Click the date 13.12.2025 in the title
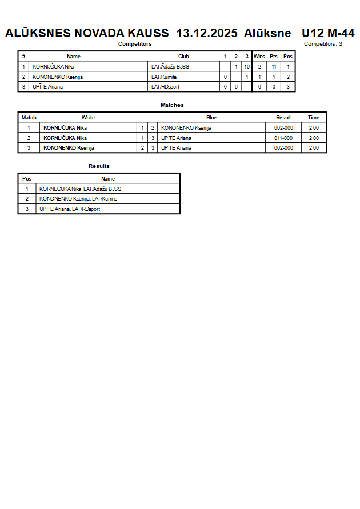coord(207,33)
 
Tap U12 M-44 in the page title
coord(328,33)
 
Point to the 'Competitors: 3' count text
coord(323,44)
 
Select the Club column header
coord(183,57)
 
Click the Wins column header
coord(259,57)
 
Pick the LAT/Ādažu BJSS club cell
coord(170,67)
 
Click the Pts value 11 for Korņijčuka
coord(274,67)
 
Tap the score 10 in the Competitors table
coord(246,67)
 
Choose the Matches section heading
coord(172,105)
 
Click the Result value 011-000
coord(283,138)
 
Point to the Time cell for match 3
coord(314,148)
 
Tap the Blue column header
coord(211,118)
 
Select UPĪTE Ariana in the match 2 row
coord(177,138)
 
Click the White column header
coord(88,118)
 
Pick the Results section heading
coord(99,166)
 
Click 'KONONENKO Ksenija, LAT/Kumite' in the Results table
coord(78,199)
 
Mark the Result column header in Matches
coord(283,118)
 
